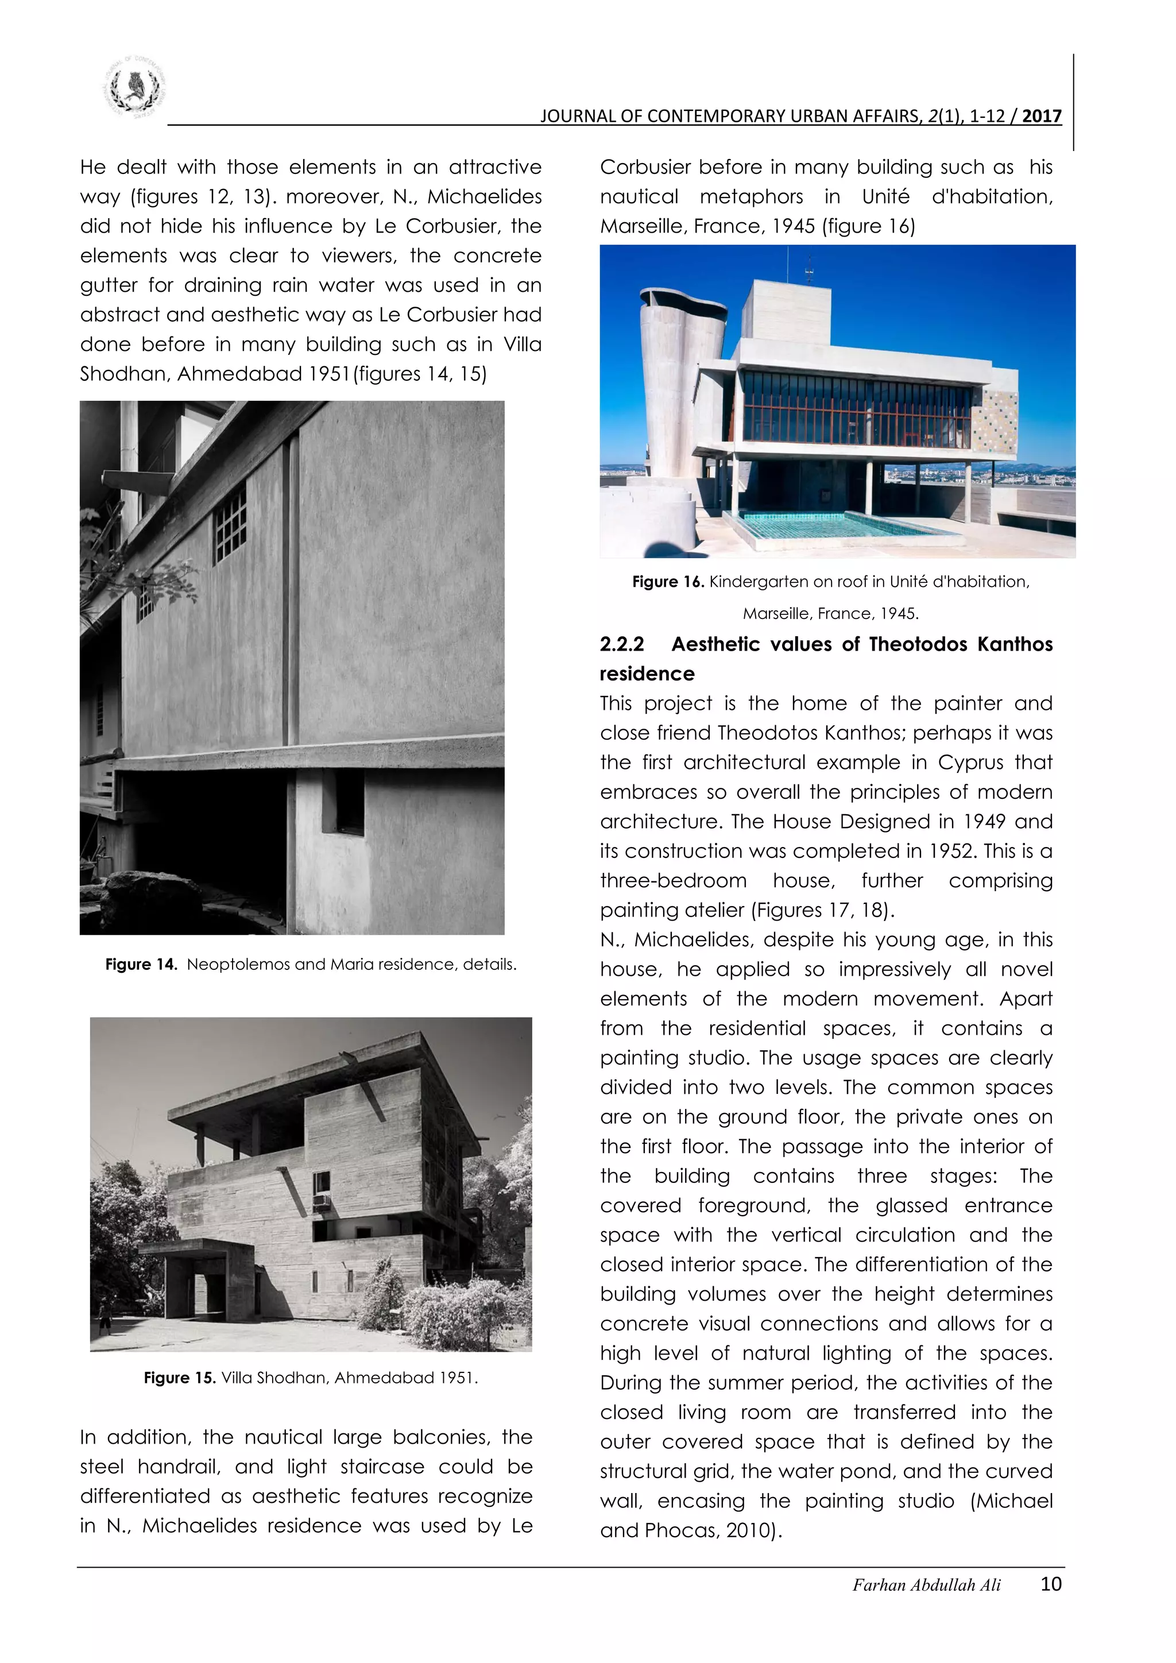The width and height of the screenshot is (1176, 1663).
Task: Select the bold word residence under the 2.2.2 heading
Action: [x=647, y=674]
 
